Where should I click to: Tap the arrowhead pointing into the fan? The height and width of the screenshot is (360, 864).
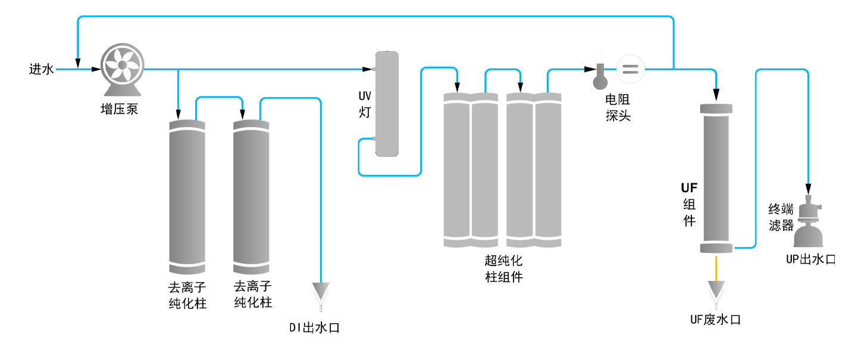[x=77, y=61]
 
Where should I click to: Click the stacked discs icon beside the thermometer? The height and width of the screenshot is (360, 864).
[x=630, y=70]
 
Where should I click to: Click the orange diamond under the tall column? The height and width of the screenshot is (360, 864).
[x=716, y=267]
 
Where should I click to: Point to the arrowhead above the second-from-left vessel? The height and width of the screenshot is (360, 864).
[x=240, y=112]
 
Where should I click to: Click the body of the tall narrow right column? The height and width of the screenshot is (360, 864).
[x=716, y=179]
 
